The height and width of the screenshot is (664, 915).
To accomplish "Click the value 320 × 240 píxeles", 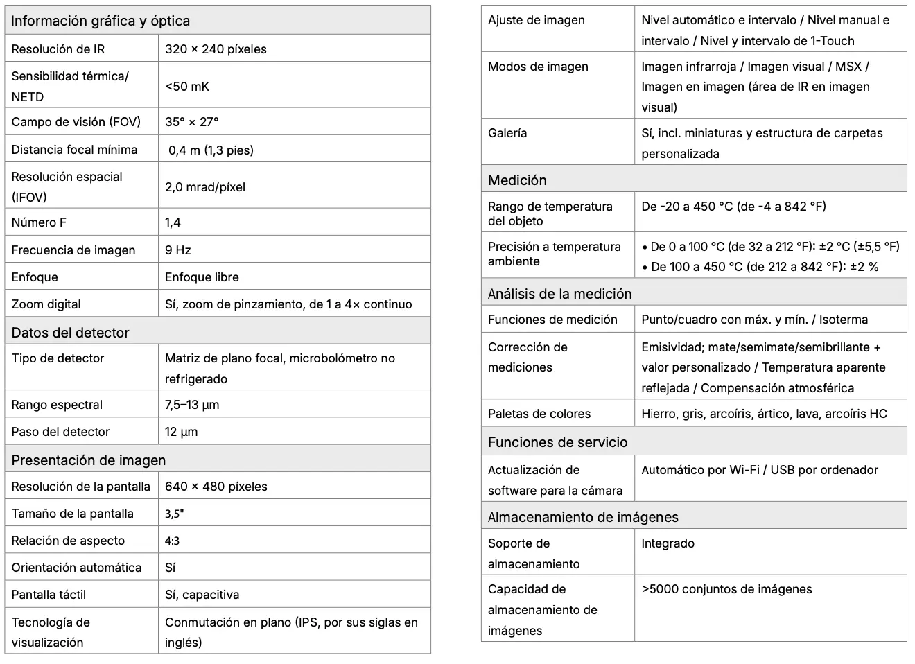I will tap(216, 49).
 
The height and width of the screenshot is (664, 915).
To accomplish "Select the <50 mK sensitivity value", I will tap(187, 87).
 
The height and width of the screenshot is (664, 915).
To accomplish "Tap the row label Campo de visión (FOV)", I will tap(76, 122).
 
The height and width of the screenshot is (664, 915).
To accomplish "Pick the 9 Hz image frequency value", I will tap(178, 250).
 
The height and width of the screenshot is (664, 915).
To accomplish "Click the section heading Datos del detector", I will tap(71, 333).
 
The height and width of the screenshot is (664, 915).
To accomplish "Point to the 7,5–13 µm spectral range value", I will tap(192, 405).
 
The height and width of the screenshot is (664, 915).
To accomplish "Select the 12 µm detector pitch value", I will tap(182, 432).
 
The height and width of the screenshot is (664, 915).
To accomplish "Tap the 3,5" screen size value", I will tap(175, 514).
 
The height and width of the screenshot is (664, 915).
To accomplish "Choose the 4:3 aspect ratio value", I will tap(173, 541).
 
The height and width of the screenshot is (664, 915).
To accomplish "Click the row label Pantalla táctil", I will tap(49, 595).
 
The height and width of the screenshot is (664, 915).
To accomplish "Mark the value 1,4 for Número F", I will tap(173, 222).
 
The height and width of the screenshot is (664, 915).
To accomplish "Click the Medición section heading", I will tap(517, 180).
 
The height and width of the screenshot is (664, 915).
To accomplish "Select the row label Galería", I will tap(507, 133).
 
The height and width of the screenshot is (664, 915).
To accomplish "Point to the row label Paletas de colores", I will tap(539, 414).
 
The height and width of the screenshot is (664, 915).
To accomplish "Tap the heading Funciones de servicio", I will tap(558, 442).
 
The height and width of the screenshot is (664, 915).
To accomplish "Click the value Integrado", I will tap(668, 543).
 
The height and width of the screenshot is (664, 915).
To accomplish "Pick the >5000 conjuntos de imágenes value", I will tap(726, 589).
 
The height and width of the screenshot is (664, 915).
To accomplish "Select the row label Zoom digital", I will tap(46, 304).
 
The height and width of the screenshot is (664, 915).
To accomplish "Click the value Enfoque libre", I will tap(202, 277).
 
